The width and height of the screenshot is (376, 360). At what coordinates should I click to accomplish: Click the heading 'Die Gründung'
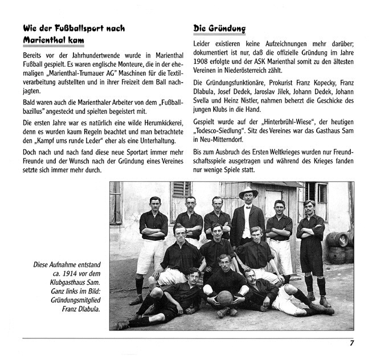(219, 28)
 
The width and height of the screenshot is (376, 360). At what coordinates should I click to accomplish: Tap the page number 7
(352, 343)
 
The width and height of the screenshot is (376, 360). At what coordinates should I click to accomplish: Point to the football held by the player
(224, 297)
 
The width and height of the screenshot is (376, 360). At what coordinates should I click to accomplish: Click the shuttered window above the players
(181, 197)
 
